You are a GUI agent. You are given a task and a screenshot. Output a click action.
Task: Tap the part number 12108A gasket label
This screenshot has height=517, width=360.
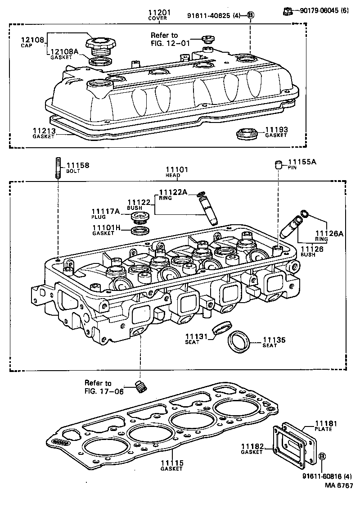tap(64, 52)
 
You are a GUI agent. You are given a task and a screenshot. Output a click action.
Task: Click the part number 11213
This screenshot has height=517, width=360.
tap(44, 131)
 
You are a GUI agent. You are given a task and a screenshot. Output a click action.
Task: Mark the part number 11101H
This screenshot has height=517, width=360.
tap(107, 228)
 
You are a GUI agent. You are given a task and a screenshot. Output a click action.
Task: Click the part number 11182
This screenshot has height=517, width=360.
tap(252, 446)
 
